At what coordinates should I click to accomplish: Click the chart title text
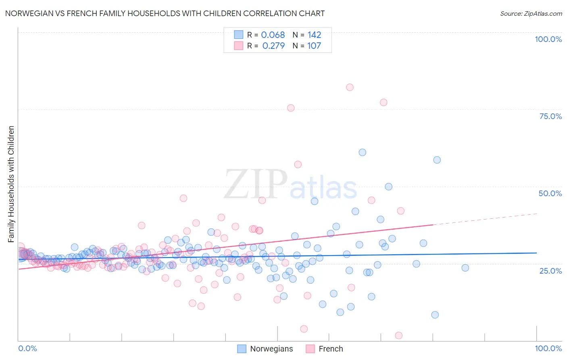pos(165,14)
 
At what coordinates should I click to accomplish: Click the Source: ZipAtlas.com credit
pos(531,14)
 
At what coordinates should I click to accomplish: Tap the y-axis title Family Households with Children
pos(11,184)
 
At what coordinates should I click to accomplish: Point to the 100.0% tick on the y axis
pos(548,39)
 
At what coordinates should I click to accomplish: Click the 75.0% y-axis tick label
pos(550,116)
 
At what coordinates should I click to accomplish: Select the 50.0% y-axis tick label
pos(550,193)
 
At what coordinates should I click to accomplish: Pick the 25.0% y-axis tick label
pos(550,270)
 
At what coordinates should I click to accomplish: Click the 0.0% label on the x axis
pos(27,348)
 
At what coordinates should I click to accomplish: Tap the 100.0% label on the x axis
pos(548,348)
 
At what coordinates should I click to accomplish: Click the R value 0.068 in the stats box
pos(273,35)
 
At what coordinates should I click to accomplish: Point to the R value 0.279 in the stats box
pos(273,46)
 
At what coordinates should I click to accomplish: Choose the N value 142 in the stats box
pos(314,35)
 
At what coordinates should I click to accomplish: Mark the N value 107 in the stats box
pos(314,46)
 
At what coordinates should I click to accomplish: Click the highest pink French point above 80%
pos(350,87)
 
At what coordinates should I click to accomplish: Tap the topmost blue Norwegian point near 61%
pos(362,152)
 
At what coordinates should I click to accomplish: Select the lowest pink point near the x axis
pos(398,335)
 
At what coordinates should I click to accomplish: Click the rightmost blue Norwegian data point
pos(465,268)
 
